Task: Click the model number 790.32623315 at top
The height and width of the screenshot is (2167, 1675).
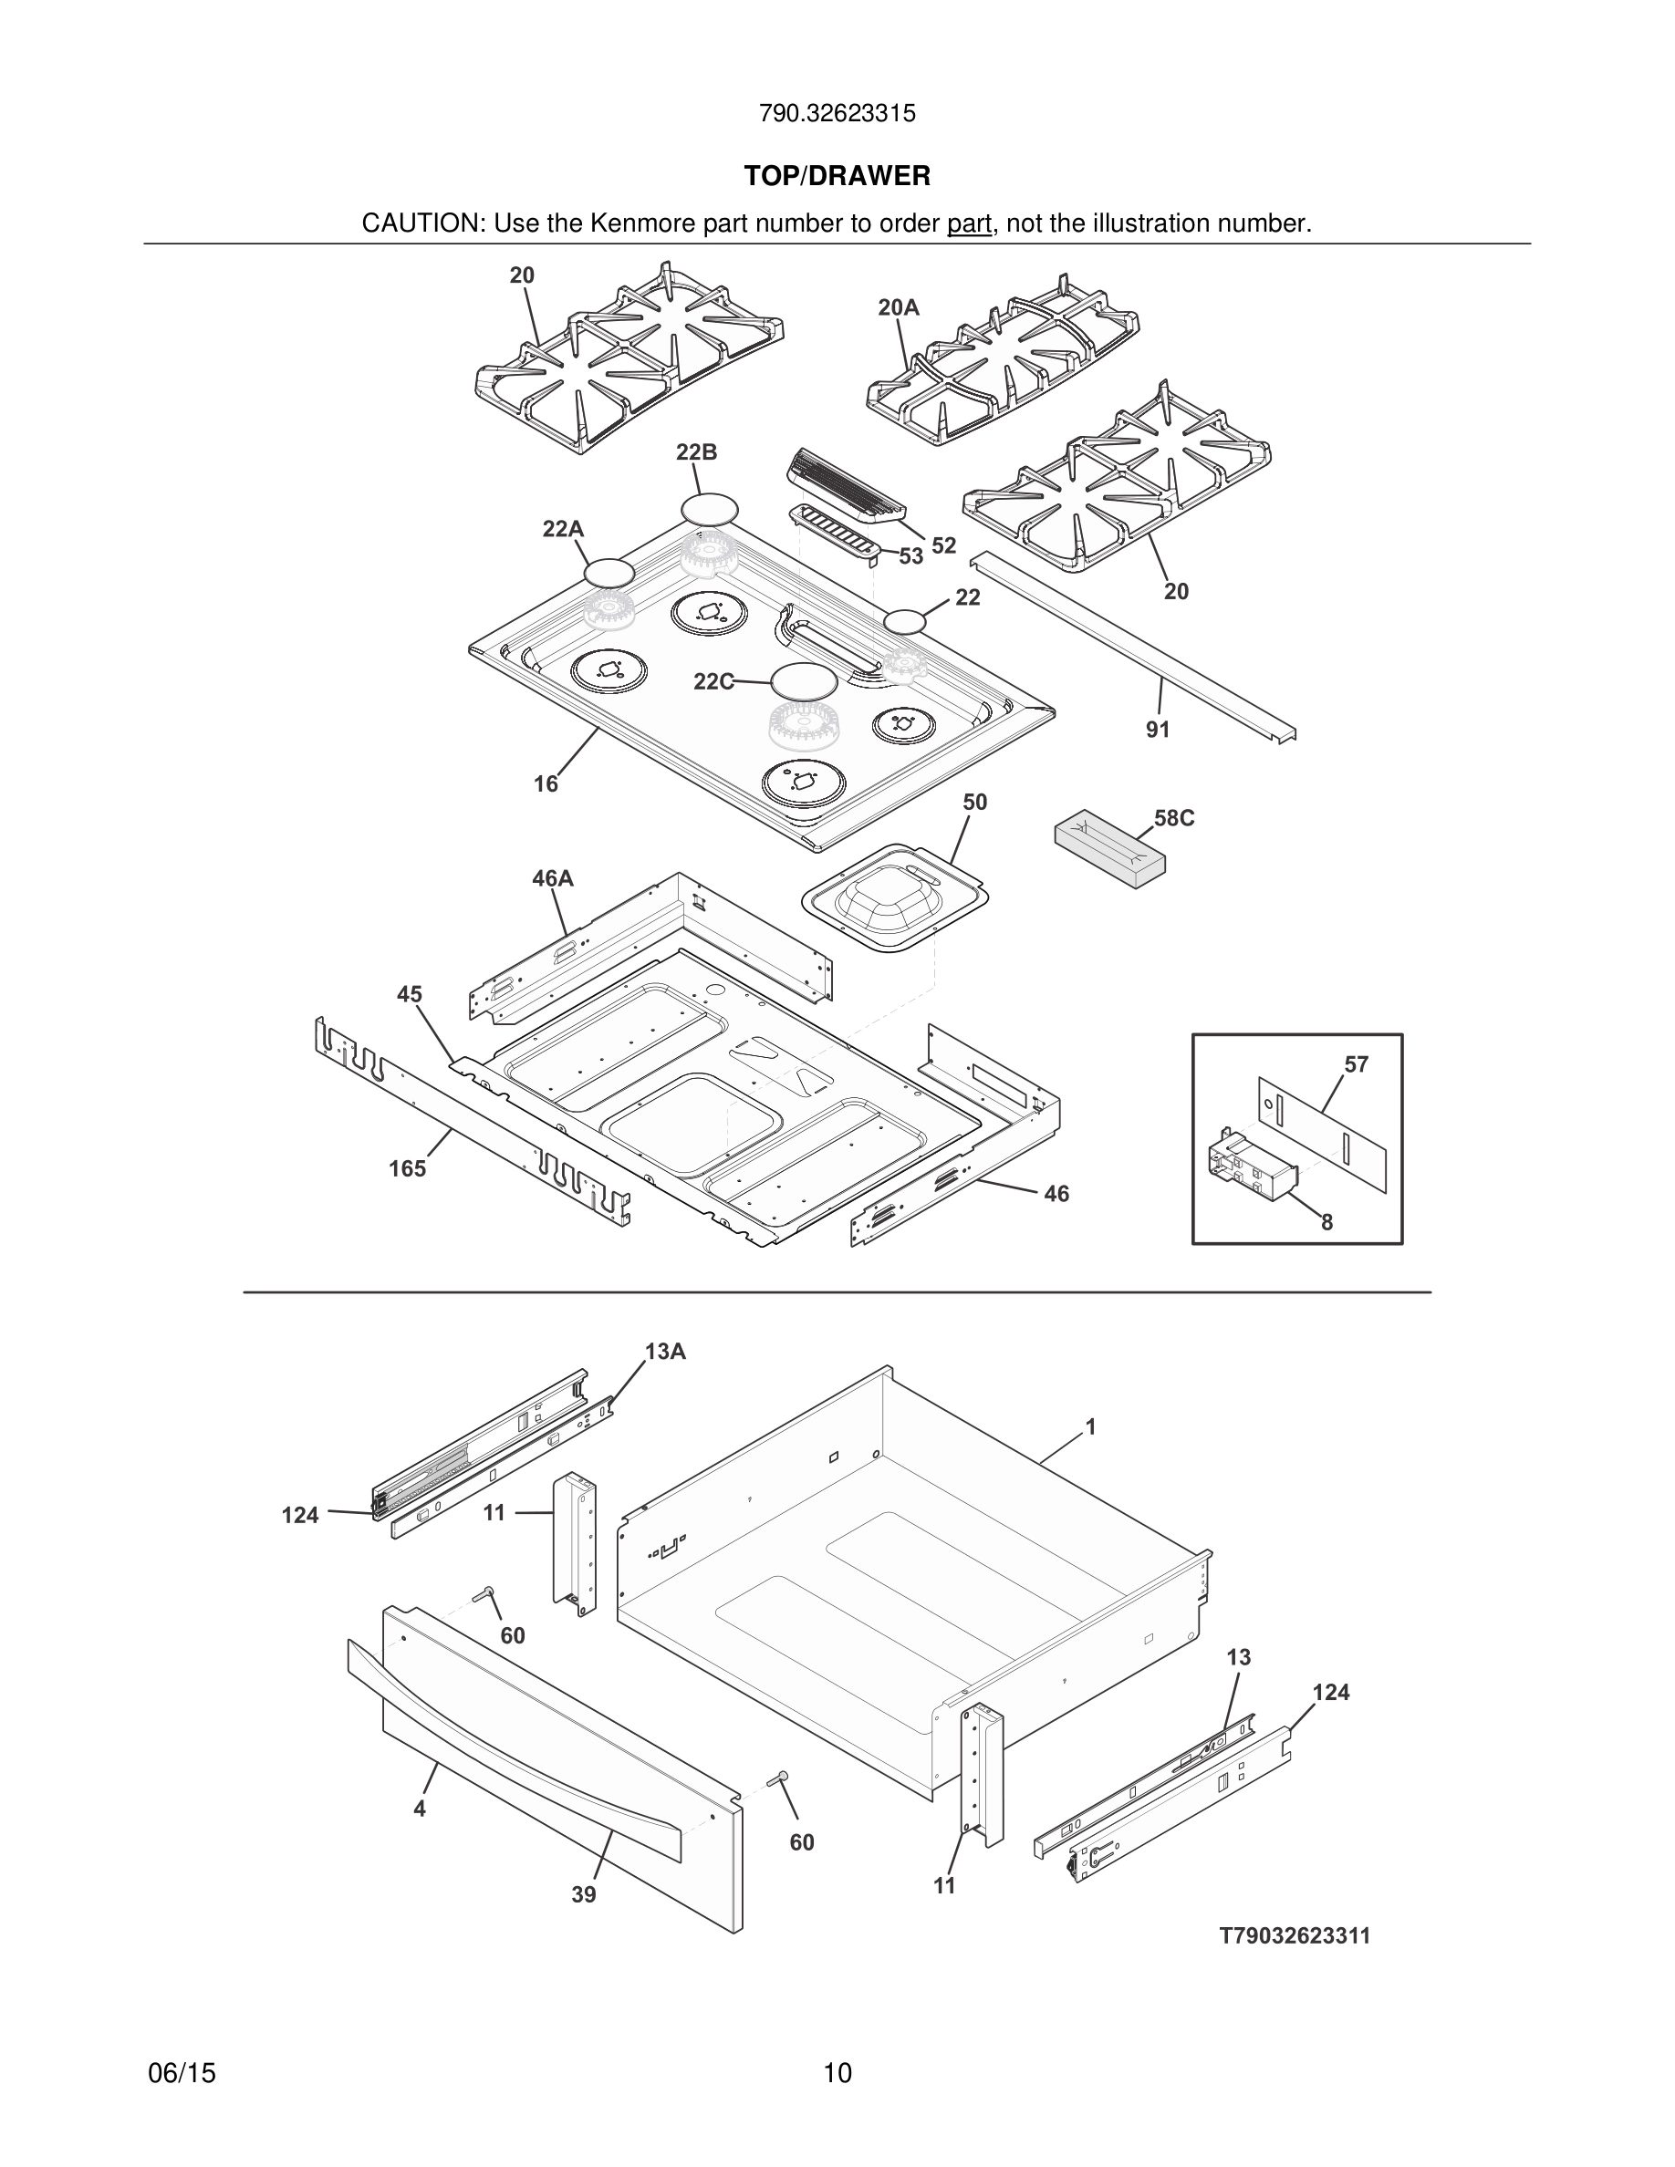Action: coord(837,114)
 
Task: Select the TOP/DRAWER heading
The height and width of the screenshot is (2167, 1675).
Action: coord(837,177)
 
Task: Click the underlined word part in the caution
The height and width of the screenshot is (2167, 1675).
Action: coord(969,224)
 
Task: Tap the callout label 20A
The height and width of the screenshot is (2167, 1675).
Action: coord(898,308)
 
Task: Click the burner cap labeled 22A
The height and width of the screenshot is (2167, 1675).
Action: coord(609,573)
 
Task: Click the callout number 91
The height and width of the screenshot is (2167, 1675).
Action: coord(1158,731)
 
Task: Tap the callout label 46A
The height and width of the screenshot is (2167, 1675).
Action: coord(553,879)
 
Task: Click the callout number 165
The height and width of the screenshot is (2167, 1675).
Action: coord(407,1169)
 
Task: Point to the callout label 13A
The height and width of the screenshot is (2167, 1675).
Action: coord(665,1352)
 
